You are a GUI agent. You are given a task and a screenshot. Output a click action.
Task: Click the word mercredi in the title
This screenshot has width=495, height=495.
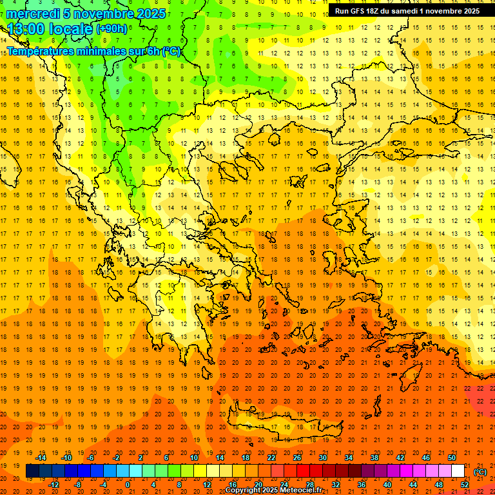tap(33, 14)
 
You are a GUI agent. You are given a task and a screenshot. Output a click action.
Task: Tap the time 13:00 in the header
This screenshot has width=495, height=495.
tap(26, 29)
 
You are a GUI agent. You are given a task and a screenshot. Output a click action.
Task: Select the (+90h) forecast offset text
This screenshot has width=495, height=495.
tap(112, 29)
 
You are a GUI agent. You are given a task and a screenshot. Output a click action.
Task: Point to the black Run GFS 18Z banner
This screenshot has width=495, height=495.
tap(407, 11)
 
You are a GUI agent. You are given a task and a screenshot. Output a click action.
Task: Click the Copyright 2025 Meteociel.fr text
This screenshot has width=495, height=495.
tap(273, 490)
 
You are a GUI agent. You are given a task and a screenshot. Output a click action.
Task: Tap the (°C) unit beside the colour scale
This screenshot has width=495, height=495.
tap(480, 472)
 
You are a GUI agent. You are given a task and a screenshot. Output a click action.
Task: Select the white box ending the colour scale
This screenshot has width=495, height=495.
tap(458, 472)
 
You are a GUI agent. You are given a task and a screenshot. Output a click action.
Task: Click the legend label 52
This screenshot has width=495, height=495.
tap(465, 485)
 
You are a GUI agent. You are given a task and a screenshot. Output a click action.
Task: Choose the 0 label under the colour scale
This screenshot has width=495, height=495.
tap(128, 485)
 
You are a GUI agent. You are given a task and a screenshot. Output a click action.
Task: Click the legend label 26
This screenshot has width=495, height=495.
tap(297, 458)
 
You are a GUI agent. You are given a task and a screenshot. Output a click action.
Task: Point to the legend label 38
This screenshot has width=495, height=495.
tap(374, 458)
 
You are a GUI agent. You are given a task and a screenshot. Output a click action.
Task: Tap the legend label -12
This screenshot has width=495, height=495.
tap(53, 485)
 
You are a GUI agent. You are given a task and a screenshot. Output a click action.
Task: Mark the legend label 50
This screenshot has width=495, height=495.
tap(452, 458)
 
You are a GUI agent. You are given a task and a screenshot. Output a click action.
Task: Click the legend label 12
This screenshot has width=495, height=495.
tap(207, 485)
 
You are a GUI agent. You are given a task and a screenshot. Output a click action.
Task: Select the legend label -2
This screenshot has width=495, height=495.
tap(117, 458)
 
